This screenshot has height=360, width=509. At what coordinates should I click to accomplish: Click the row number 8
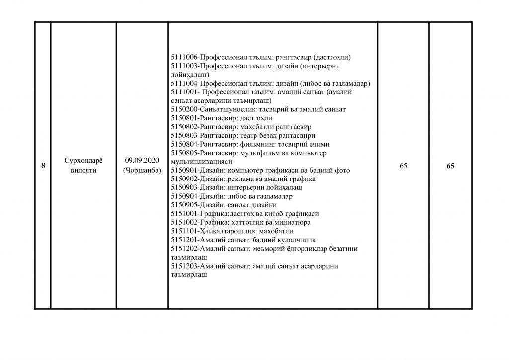pyautogui.click(x=43, y=166)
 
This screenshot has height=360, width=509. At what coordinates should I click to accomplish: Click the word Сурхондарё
pyautogui.click(x=83, y=162)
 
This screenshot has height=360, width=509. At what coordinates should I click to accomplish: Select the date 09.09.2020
pyautogui.click(x=142, y=162)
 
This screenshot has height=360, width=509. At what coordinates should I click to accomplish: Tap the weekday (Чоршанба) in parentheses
pyautogui.click(x=142, y=171)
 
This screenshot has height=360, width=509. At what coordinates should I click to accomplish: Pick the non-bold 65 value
pyautogui.click(x=403, y=166)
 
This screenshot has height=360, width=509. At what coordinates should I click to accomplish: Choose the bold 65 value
pyautogui.click(x=450, y=166)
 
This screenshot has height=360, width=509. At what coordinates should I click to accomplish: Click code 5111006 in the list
pyautogui.click(x=184, y=57)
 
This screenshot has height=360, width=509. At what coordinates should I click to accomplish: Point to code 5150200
pyautogui.click(x=184, y=109)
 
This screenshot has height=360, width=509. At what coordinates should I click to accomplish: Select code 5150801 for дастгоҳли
pyautogui.click(x=184, y=118)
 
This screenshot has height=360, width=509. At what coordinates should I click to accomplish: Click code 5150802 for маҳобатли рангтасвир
pyautogui.click(x=184, y=126)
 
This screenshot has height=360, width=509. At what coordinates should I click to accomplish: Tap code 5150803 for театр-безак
pyautogui.click(x=184, y=135)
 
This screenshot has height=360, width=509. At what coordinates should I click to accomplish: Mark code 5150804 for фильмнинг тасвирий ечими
pyautogui.click(x=184, y=144)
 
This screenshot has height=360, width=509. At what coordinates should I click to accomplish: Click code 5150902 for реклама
pyautogui.click(x=184, y=179)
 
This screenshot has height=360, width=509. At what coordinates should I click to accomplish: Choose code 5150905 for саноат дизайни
pyautogui.click(x=184, y=205)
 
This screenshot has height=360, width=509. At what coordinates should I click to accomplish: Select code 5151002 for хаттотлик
pyautogui.click(x=184, y=222)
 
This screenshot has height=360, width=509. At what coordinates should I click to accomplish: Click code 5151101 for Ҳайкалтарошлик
pyautogui.click(x=184, y=231)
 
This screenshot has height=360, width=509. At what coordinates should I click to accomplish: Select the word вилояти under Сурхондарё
pyautogui.click(x=83, y=171)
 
